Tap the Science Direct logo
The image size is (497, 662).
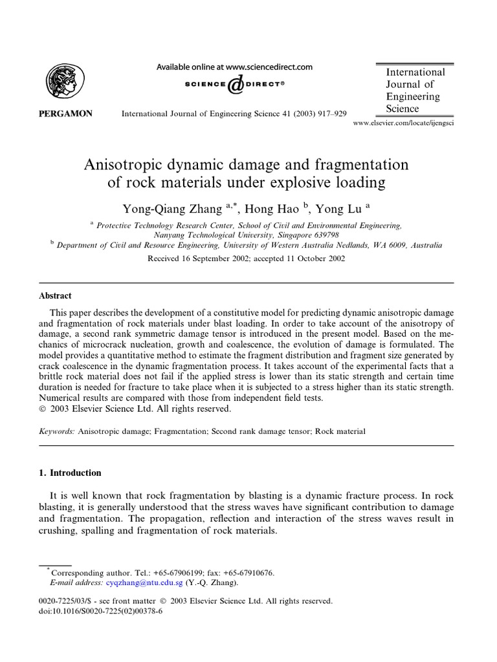(236, 84)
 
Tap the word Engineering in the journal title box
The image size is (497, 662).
(413, 96)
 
